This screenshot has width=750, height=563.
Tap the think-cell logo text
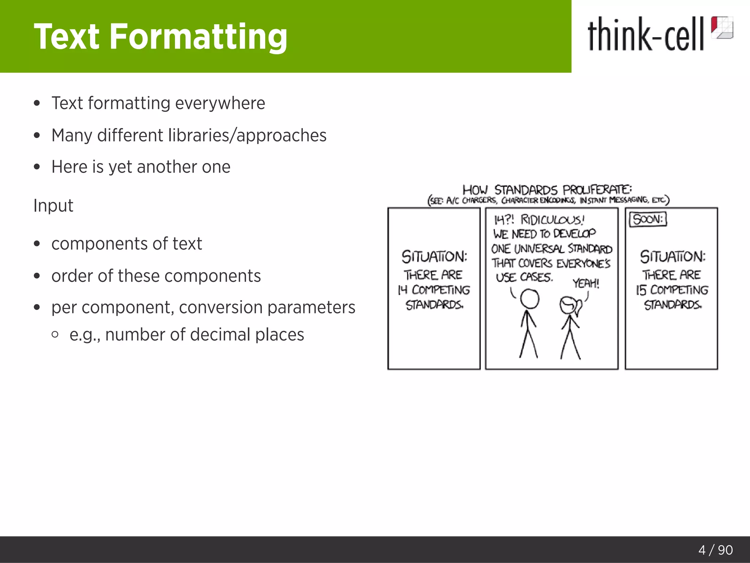(646, 34)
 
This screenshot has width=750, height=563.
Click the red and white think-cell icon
(722, 27)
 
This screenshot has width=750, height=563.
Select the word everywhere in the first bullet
(220, 103)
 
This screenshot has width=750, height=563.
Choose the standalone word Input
(53, 205)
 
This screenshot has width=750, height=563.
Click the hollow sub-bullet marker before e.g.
(55, 334)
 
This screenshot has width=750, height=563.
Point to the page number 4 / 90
(715, 550)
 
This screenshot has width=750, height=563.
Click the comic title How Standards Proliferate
(547, 189)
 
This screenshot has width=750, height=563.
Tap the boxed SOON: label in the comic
(648, 219)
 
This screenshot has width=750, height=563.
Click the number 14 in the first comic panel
(402, 290)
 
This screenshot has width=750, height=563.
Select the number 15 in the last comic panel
(641, 290)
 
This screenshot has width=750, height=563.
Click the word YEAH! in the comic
(586, 283)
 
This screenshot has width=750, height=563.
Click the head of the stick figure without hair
(530, 299)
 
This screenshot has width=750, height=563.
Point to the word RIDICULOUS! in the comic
(552, 220)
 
